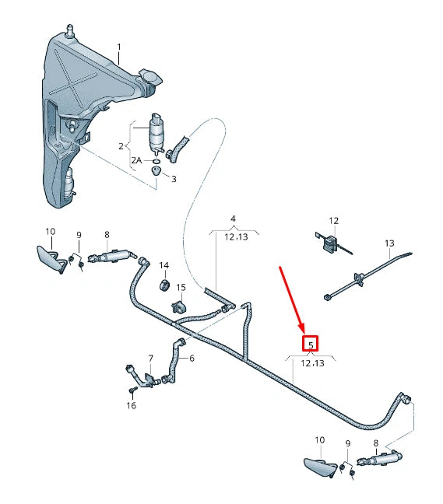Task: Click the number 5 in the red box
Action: click(x=311, y=344)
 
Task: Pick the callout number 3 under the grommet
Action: click(x=174, y=179)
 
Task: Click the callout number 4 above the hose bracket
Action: click(x=233, y=219)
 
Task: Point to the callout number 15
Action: click(x=181, y=287)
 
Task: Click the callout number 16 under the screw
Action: click(x=131, y=405)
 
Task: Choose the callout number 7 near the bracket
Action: click(x=151, y=359)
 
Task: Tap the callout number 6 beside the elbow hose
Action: click(x=192, y=359)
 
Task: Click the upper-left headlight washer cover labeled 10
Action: click(x=51, y=256)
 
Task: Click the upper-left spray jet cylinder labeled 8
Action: click(x=115, y=257)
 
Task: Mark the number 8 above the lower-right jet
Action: click(x=376, y=443)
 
